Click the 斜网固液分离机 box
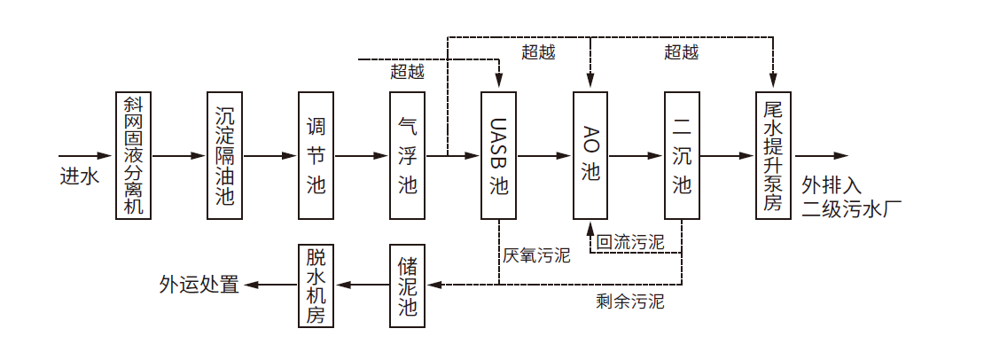(x=134, y=155)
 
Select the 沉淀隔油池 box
(x=225, y=155)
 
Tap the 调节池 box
(x=316, y=155)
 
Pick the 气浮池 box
(x=408, y=155)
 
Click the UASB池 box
(x=499, y=155)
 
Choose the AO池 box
(x=590, y=155)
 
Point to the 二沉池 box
(x=682, y=155)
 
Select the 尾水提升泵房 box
(x=773, y=155)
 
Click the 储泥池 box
(x=408, y=285)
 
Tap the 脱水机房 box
(x=316, y=285)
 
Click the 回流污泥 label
(x=630, y=241)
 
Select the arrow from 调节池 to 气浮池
(x=362, y=156)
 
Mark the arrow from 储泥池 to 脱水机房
(x=362, y=285)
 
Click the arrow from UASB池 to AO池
(x=544, y=156)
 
